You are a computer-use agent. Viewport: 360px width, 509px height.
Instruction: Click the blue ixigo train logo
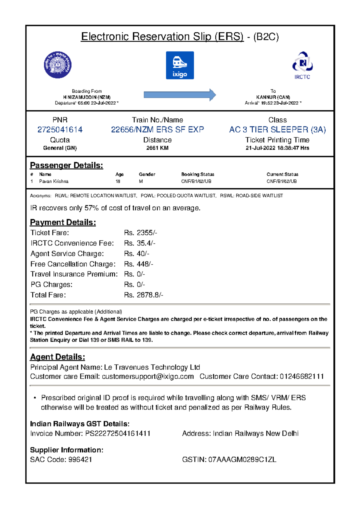[x=180, y=65]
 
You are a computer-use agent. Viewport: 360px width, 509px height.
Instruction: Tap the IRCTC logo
[x=302, y=66]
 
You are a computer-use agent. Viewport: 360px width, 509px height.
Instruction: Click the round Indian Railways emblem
[x=58, y=65]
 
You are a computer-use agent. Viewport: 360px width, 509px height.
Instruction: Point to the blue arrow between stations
[x=180, y=95]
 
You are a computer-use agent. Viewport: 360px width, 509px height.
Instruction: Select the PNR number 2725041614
[x=60, y=129]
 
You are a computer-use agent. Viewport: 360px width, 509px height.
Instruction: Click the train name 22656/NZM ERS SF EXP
[x=157, y=129]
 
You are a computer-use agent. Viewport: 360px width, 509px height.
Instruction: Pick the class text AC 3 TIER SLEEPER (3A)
[x=277, y=129]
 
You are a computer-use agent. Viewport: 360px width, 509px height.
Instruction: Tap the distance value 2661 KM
[x=157, y=148]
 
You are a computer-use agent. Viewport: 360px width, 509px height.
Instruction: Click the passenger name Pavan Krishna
[x=54, y=181]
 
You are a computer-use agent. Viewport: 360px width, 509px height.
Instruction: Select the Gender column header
[x=147, y=174]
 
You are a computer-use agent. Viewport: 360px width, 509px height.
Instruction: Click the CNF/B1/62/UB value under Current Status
[x=281, y=181]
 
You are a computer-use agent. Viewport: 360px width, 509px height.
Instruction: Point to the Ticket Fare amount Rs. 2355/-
[x=140, y=233]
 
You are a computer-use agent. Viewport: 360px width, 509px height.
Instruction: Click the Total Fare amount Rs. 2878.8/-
[x=143, y=295]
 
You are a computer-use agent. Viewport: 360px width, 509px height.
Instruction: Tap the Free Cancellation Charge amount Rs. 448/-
[x=139, y=264]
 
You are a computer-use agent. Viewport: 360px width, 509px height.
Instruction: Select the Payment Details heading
[x=63, y=222]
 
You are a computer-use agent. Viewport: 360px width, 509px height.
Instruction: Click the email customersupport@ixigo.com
[x=148, y=377]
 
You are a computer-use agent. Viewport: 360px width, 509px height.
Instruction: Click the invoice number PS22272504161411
[x=118, y=433]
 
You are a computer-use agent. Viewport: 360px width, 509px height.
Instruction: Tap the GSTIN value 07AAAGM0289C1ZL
[x=242, y=460]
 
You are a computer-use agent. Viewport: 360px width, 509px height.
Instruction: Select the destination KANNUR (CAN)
[x=273, y=97]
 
